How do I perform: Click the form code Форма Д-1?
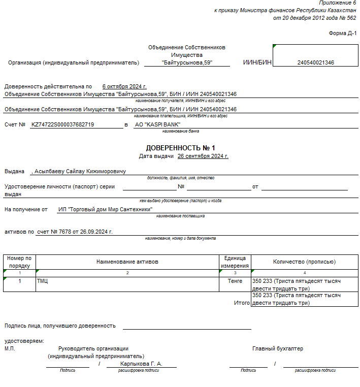coord(343,34)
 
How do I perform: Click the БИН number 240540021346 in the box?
coord(315,63)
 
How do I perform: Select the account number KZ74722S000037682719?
coord(62,124)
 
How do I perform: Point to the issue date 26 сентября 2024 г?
coord(203,156)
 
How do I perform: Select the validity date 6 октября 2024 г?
coord(124,86)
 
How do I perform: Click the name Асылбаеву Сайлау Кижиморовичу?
coord(80,171)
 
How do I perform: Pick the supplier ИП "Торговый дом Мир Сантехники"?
coord(105,209)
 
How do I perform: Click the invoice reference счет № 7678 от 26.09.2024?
coord(75,232)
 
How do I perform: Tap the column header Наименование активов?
coord(127,262)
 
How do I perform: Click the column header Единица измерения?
coord(235,262)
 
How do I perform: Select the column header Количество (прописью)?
coord(304,262)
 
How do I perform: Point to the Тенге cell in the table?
coord(235,281)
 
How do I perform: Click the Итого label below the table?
coord(242,303)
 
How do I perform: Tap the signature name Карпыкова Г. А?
coord(141,364)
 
